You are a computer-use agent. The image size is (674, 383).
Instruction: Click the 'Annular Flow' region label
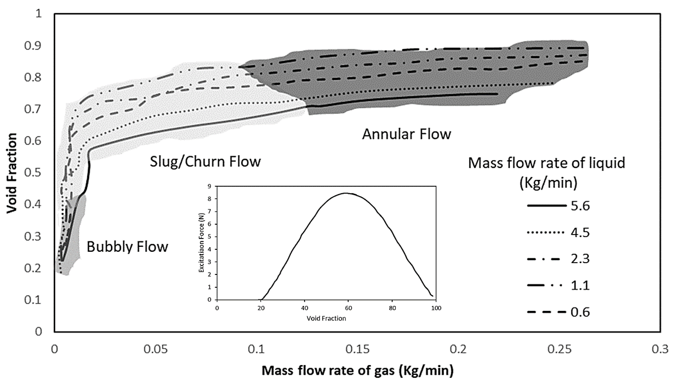(406, 134)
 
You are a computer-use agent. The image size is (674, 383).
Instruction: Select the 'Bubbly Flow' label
(127, 247)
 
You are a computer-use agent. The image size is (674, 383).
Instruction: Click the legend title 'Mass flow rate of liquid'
(546, 163)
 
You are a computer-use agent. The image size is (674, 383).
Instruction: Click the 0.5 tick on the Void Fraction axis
(33, 173)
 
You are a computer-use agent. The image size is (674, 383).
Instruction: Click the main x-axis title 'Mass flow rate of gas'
(357, 371)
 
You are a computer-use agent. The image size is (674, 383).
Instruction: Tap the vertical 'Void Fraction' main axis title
(12, 173)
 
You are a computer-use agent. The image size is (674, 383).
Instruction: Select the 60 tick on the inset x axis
(348, 308)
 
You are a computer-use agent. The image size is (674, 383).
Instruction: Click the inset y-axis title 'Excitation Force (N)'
(202, 243)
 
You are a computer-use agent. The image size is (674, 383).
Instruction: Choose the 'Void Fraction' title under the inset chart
(326, 318)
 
